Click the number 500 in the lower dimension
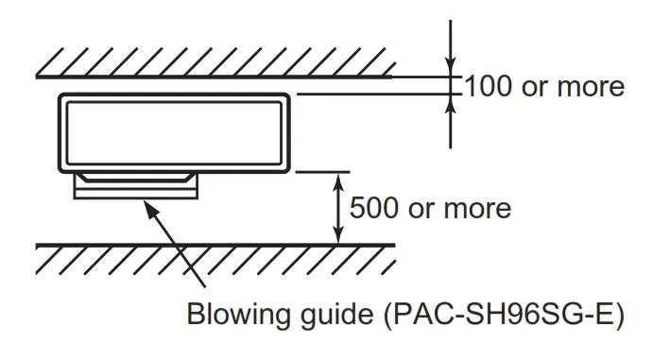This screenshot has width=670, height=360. pos(375,207)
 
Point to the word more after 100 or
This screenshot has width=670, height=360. pos(589,87)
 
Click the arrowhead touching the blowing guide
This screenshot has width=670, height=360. pos(146,206)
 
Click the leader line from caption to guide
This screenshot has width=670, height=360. pos(180,250)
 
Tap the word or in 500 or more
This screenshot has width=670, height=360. pos(421,207)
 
